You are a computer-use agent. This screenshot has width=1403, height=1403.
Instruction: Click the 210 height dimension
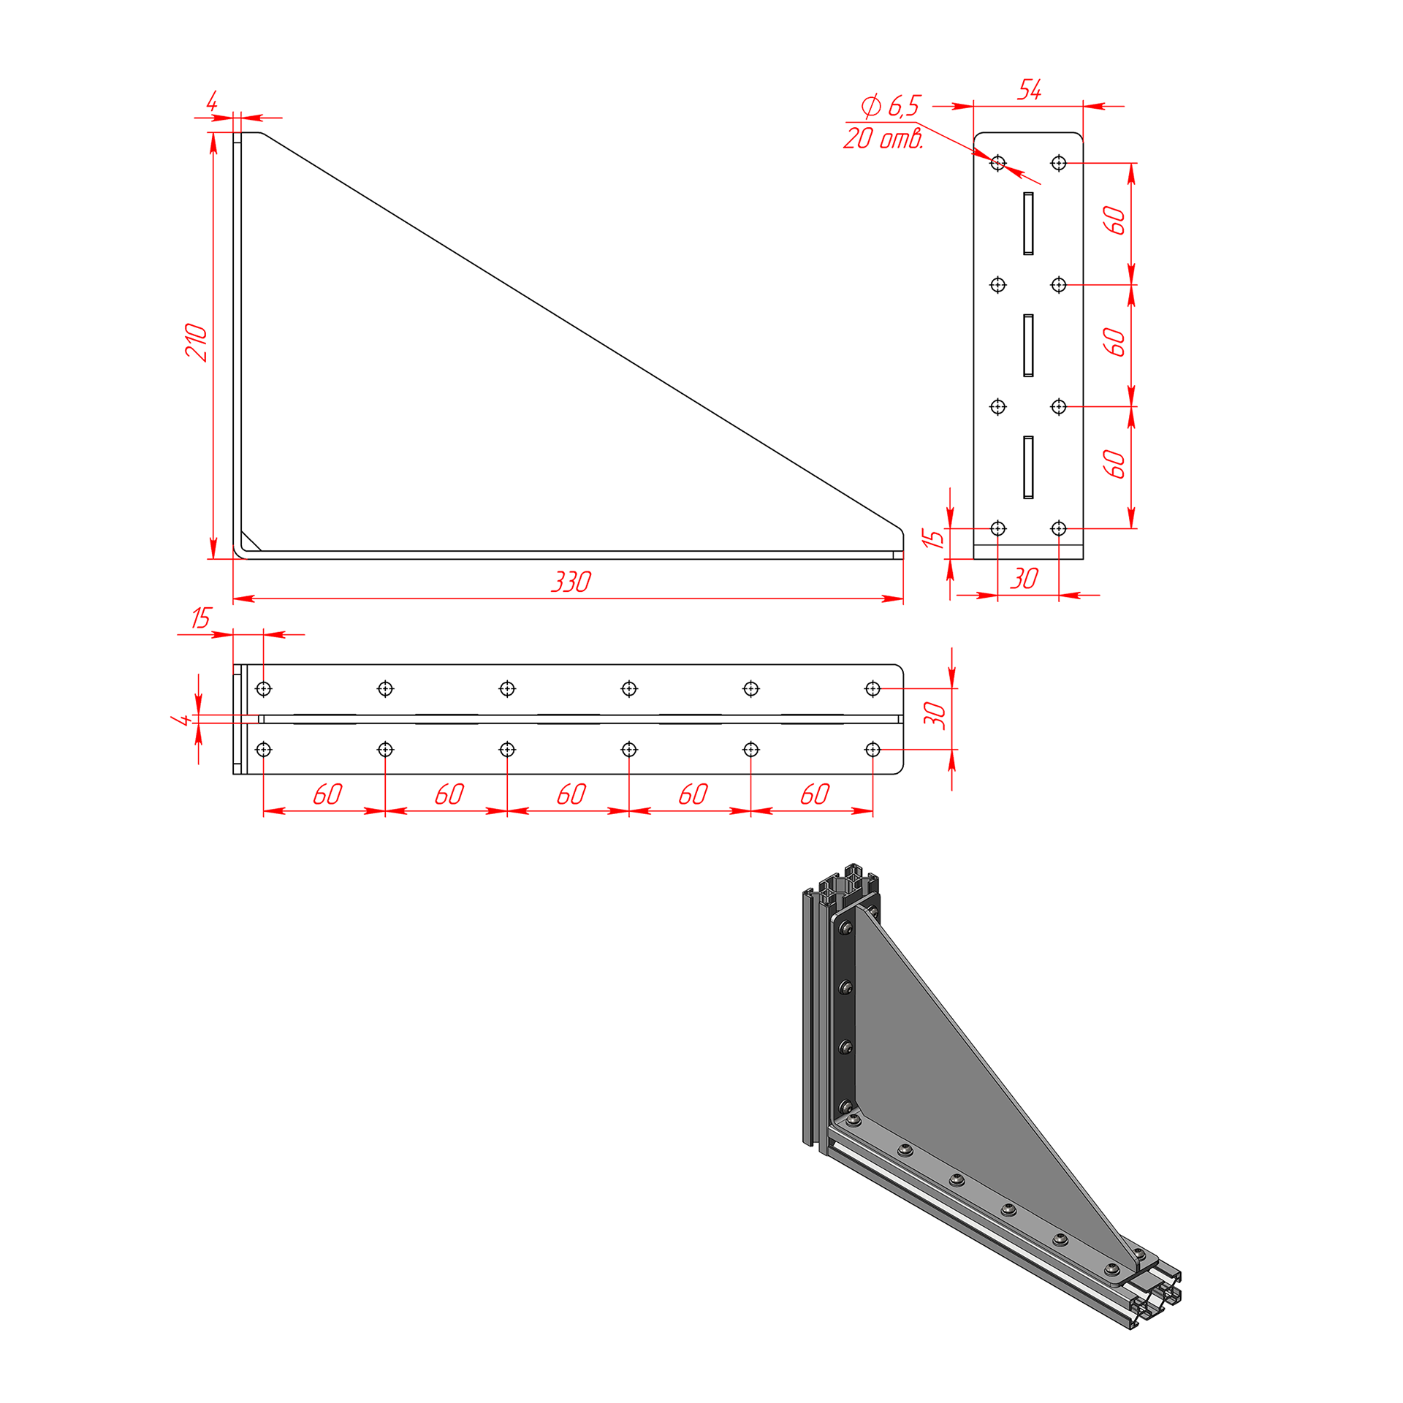pos(196,342)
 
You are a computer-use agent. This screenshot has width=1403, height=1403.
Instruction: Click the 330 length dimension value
pos(571,582)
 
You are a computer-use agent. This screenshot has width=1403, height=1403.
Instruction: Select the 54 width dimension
pos(1030,90)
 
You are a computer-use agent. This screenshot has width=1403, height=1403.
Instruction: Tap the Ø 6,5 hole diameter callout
pos(891,106)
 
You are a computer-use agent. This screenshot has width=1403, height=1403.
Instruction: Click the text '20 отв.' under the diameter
pos(883,137)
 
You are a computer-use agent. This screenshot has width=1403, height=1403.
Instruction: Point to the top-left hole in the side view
pos(998,163)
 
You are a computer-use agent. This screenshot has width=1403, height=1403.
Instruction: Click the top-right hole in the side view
pos(1059,163)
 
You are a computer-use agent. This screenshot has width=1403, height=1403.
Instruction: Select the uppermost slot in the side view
pos(1028,224)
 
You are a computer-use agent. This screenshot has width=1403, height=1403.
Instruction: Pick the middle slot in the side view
pos(1028,346)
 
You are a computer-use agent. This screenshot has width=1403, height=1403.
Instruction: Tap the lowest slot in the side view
pos(1028,468)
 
